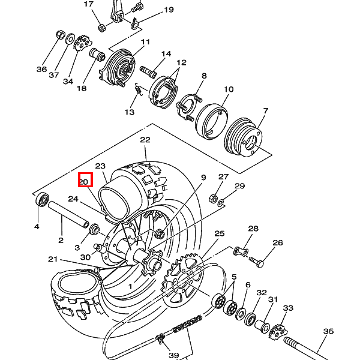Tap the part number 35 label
pyautogui.click(x=328, y=331)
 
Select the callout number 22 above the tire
pyautogui.click(x=145, y=140)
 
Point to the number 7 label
pyautogui.click(x=265, y=110)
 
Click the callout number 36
pyautogui.click(x=41, y=69)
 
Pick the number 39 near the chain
pyautogui.click(x=173, y=355)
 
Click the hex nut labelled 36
pyautogui.click(x=60, y=35)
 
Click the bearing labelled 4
pyautogui.click(x=42, y=199)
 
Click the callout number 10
pyautogui.click(x=228, y=89)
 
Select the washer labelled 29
pyautogui.click(x=221, y=202)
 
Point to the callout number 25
pyautogui.click(x=219, y=233)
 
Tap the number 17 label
pyautogui.click(x=89, y=4)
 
